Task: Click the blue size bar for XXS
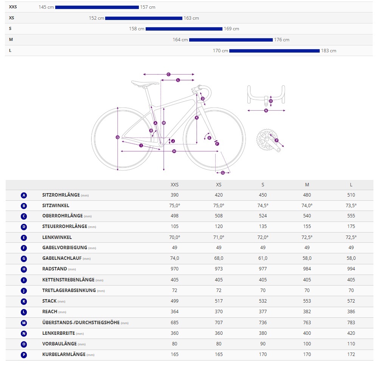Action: tap(97, 7)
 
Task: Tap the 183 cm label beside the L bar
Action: tap(328, 51)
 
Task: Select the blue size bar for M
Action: tap(231, 40)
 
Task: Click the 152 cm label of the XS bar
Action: tap(96, 18)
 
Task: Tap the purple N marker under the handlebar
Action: tap(266, 111)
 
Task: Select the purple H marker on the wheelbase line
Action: tap(174, 151)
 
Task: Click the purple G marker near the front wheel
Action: tap(222, 173)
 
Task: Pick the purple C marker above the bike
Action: tap(168, 74)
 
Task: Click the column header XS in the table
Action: tap(219, 185)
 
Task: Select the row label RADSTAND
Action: tap(54, 269)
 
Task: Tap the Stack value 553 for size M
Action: tap(307, 301)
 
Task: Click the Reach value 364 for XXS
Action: tap(174, 312)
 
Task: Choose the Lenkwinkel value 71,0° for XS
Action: tap(219, 237)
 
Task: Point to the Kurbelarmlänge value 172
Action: tap(351, 355)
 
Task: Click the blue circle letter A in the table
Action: tap(24, 195)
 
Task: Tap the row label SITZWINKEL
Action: tap(56, 206)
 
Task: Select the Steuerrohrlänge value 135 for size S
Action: tap(263, 226)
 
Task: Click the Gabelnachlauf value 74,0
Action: tap(174, 258)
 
